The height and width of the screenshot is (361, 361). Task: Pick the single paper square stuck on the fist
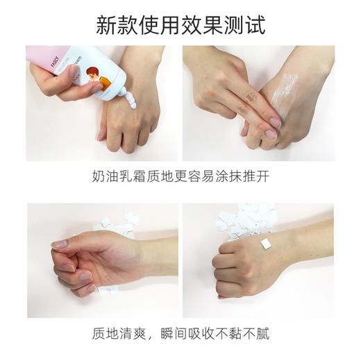tap(264, 243)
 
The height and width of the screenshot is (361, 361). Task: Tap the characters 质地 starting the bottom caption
tap(103, 334)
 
